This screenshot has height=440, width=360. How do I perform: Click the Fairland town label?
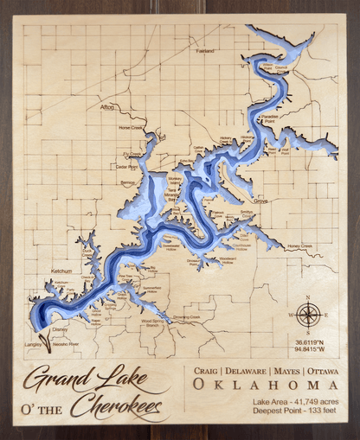pos(204,51)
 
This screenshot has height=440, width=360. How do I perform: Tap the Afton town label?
pos(107,108)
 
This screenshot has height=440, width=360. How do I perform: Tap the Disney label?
pos(59,329)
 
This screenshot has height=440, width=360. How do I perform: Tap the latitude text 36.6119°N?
pos(310,342)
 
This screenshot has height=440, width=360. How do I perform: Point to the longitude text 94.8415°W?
pos(310,351)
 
